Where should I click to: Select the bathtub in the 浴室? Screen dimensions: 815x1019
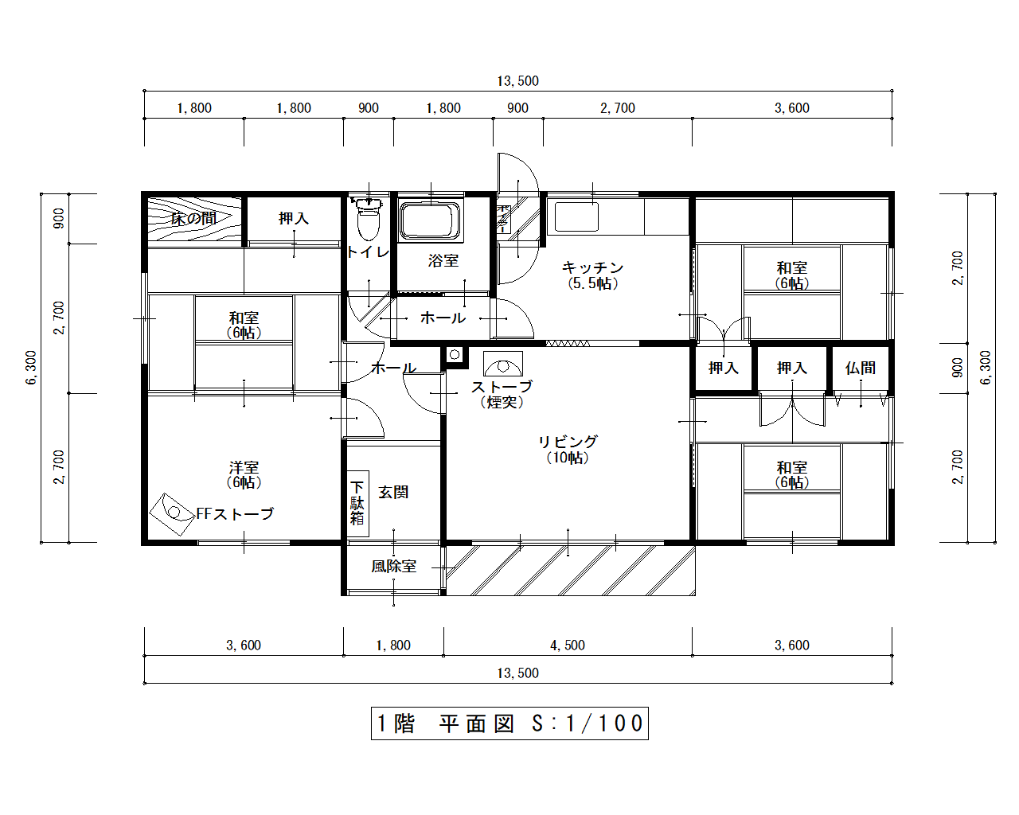(x=431, y=220)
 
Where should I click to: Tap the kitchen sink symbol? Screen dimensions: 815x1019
(x=576, y=216)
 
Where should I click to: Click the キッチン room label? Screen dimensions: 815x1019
(x=592, y=267)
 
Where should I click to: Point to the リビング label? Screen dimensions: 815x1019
(x=568, y=442)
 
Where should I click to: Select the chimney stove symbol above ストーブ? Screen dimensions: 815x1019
(x=502, y=365)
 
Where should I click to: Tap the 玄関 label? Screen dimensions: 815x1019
(x=393, y=493)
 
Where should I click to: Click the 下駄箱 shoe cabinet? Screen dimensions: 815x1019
(x=357, y=503)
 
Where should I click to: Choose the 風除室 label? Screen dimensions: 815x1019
(x=393, y=567)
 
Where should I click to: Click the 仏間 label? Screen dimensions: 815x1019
(x=860, y=368)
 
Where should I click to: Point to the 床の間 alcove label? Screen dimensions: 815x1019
(x=193, y=218)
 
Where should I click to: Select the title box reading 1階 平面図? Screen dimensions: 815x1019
(x=509, y=723)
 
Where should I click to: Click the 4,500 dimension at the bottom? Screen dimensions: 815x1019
(x=568, y=645)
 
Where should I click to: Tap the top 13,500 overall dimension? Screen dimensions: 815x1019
(x=517, y=81)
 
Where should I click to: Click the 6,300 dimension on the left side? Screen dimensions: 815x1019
(x=31, y=368)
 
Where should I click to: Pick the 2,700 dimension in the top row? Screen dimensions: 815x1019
(x=618, y=108)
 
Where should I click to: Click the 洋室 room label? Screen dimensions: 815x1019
(x=244, y=467)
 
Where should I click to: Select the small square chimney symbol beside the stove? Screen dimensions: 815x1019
(x=455, y=355)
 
